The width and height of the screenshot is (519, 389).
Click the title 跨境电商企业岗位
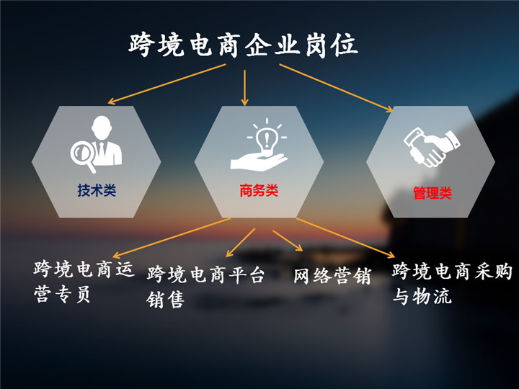pos(244,45)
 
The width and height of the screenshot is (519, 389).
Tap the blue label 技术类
pos(97,190)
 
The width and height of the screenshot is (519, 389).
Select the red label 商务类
pos(259,190)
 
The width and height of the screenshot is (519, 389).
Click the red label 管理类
pos(432,193)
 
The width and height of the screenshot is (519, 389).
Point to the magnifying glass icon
pos(83,154)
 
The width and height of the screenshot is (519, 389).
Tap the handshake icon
pos(432,148)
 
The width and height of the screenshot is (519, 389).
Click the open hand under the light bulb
pos(259,162)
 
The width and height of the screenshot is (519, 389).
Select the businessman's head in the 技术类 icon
pos(102,128)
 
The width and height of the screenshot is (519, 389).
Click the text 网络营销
pos(332,276)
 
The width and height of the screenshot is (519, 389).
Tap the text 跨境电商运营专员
pos(84,282)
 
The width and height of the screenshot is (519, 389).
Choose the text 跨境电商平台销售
pos(205,287)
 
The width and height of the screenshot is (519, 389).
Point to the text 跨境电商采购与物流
pos(452,284)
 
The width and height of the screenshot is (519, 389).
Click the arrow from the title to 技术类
pos(167,84)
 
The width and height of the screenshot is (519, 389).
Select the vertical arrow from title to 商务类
pos(244,88)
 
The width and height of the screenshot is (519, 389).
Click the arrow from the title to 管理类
pos(337,88)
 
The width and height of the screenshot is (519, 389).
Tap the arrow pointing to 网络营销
pos(288,241)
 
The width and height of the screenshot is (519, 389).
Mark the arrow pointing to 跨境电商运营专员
pos(172,238)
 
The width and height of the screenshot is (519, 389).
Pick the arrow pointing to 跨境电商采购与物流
pos(345,238)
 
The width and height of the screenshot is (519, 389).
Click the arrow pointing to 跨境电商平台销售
pos(241,243)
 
